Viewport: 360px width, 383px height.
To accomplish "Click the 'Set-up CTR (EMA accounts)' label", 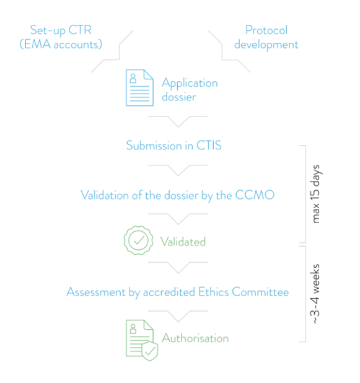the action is click(61, 37).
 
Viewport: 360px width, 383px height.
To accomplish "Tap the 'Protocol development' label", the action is click(266, 37).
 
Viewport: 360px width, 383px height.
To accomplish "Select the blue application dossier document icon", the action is click(139, 87).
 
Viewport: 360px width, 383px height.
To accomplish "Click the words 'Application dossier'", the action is click(190, 90).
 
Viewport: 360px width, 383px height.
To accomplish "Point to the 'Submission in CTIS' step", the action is click(174, 146).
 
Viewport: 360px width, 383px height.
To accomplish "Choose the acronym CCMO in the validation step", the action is click(255, 195).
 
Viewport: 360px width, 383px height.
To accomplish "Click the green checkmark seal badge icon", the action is click(138, 240).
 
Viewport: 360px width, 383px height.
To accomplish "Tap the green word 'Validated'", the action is click(183, 242).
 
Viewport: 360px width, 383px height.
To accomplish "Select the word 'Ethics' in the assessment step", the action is click(214, 292).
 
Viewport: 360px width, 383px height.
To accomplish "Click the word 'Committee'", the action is click(260, 292).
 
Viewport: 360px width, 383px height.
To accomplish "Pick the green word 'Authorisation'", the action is click(195, 338).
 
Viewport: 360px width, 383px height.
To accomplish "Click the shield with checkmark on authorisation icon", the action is click(150, 351).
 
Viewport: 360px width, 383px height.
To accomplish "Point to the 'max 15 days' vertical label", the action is click(316, 194).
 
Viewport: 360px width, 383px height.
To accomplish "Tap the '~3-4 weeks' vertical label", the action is click(316, 294).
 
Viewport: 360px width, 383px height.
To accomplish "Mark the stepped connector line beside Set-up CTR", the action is click(120, 52).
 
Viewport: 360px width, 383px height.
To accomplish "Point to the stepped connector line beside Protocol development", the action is click(222, 52).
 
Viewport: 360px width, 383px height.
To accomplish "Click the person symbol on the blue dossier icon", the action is click(133, 79).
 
